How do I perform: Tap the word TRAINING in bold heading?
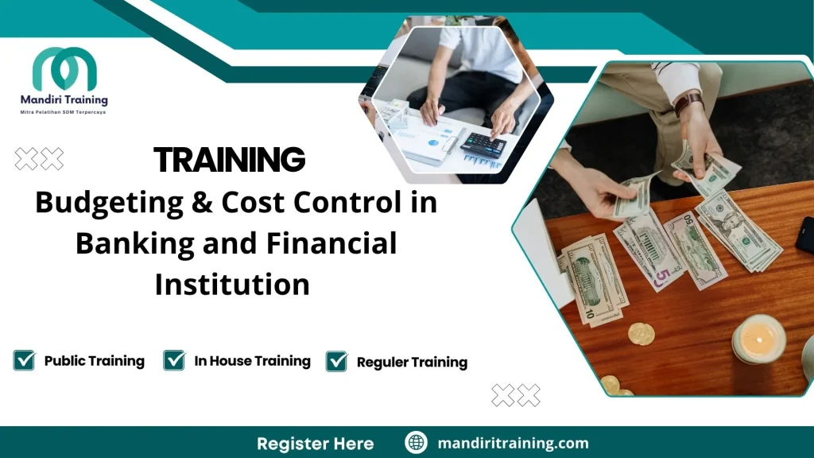[x=230, y=161]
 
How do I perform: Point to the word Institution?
[x=232, y=284]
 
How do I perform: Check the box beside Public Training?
[x=24, y=360]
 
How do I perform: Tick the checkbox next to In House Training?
[x=174, y=360]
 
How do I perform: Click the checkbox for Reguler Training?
[x=337, y=362]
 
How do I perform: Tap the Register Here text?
[x=315, y=443]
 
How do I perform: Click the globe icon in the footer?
[x=416, y=443]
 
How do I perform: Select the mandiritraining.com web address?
[x=513, y=443]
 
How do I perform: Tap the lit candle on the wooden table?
[x=758, y=339]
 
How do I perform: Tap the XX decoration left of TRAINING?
[x=39, y=159]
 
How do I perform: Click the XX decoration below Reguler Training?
[x=516, y=395]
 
